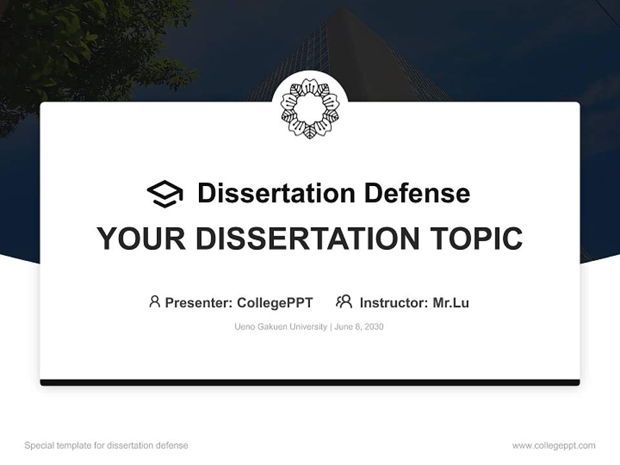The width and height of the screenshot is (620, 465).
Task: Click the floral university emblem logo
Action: [310, 108]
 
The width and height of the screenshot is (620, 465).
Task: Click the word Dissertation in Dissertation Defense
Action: [276, 193]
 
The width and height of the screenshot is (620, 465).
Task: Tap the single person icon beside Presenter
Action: [154, 302]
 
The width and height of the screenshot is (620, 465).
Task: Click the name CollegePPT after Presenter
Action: [275, 302]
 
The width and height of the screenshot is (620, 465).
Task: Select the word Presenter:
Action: [198, 302]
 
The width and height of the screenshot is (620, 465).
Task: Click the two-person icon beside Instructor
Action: [344, 302]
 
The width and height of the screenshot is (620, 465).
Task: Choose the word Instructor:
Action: [393, 302]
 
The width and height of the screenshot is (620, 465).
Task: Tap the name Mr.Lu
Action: [451, 302]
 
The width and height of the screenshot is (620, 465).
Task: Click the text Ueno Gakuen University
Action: [281, 327]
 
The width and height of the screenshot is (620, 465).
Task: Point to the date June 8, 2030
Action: [359, 327]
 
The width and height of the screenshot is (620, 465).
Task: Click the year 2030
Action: [374, 327]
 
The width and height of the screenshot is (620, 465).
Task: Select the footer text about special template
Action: [107, 446]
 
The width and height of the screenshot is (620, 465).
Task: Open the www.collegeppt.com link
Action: [553, 446]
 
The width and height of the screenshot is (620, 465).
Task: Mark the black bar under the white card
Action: [310, 382]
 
